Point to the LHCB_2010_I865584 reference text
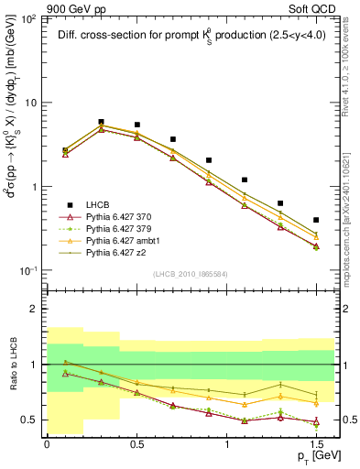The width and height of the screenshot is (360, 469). [190, 274]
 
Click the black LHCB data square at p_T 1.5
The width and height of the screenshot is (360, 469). [316, 220]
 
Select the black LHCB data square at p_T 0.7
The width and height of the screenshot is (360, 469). [173, 139]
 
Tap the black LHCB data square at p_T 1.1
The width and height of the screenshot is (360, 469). [245, 180]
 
